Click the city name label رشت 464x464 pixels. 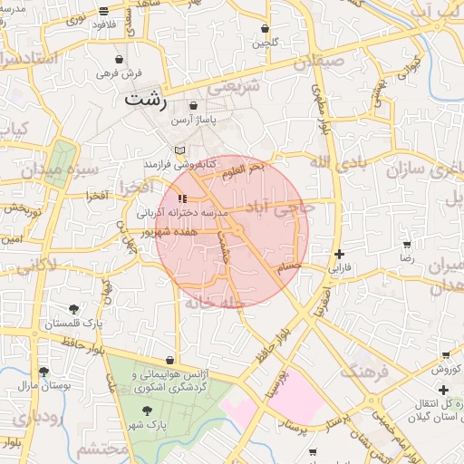(x=147, y=101)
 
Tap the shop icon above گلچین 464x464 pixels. (x=265, y=29)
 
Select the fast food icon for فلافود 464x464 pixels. (x=104, y=11)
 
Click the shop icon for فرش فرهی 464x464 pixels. (x=119, y=59)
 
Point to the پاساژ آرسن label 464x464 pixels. (x=206, y=119)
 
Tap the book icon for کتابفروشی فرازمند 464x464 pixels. (x=179, y=150)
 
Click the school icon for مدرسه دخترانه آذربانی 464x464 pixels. (x=183, y=198)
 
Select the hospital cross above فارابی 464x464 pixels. (x=339, y=255)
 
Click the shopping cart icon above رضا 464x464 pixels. (x=407, y=245)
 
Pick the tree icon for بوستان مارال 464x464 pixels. (x=43, y=371)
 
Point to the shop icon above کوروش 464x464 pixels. (x=445, y=354)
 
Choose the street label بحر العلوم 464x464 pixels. (x=245, y=168)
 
